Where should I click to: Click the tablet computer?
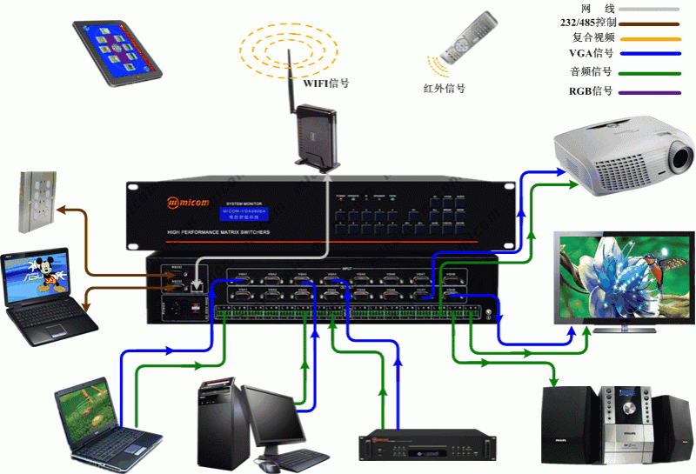[x=118, y=50]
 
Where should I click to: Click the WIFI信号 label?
[x=326, y=83]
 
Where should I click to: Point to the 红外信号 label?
[x=444, y=88]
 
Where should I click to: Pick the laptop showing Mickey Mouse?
[x=43, y=292]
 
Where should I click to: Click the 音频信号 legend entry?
[x=591, y=72]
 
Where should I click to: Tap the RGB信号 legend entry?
[x=591, y=90]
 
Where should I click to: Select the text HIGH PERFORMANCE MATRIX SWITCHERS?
[x=218, y=232]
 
